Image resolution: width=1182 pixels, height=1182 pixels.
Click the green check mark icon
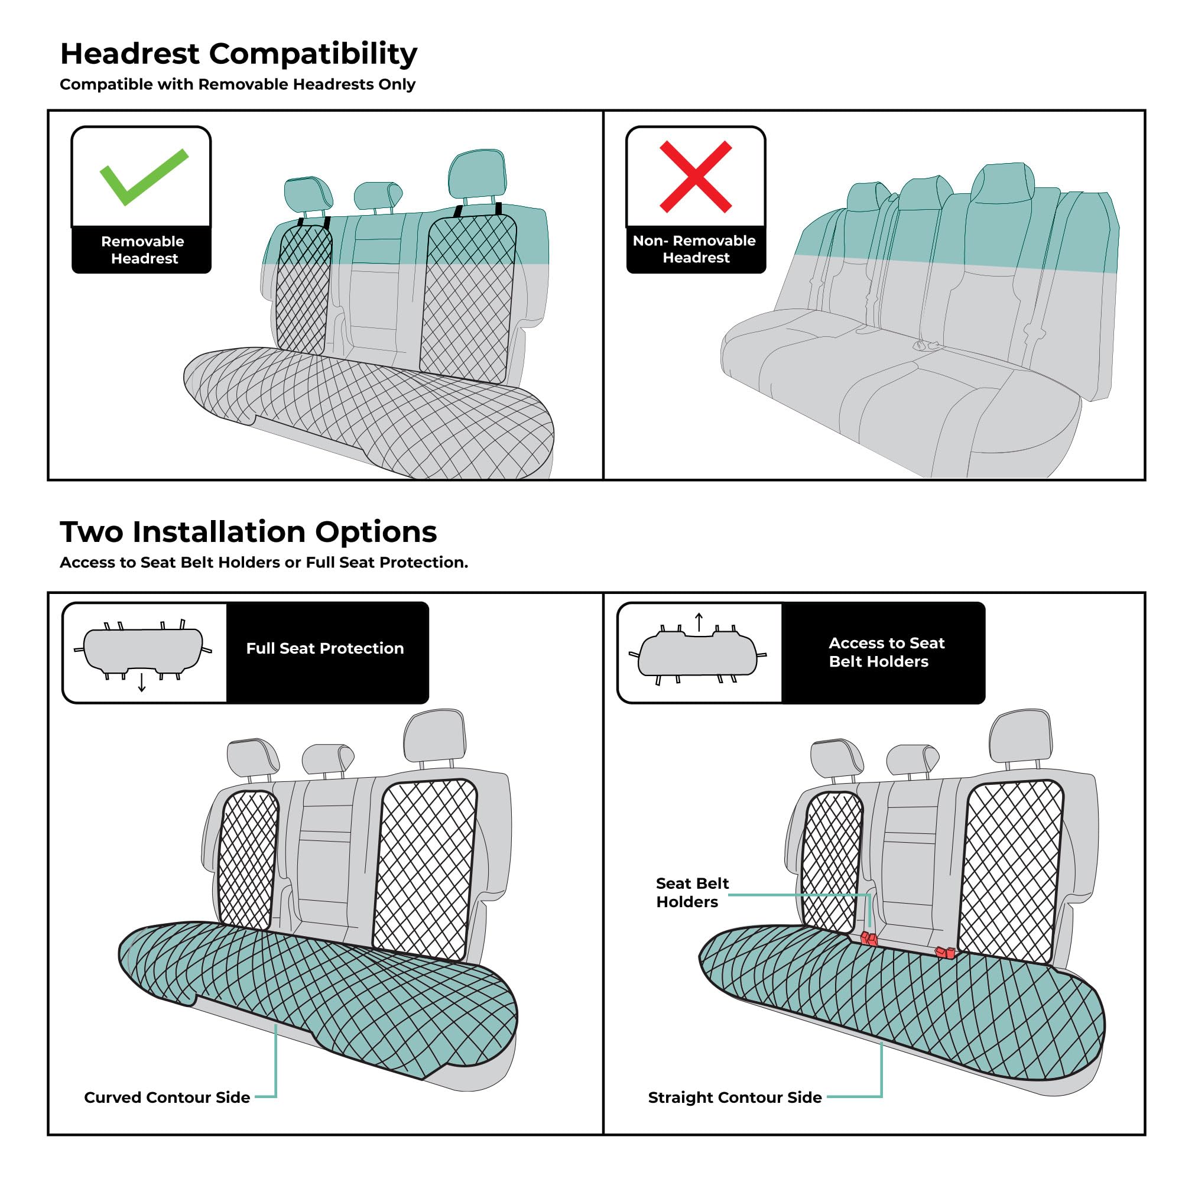[x=144, y=176]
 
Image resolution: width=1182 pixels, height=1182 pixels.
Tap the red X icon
[x=695, y=177]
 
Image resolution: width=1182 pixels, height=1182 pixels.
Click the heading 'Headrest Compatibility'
[x=239, y=54]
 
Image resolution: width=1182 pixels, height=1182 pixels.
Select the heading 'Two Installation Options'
[x=248, y=532]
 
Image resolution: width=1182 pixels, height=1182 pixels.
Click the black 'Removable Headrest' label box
[x=142, y=249]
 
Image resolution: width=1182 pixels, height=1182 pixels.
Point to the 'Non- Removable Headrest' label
[x=695, y=249]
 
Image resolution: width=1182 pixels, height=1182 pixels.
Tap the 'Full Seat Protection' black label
[x=326, y=648]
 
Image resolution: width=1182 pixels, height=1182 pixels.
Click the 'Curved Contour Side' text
[x=167, y=1097]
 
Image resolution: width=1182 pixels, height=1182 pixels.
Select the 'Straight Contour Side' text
[x=734, y=1097]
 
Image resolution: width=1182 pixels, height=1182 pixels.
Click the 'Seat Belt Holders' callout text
[x=691, y=892]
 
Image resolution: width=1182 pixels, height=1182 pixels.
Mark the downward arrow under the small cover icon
[x=142, y=683]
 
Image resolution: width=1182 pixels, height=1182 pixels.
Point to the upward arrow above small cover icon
[x=699, y=622]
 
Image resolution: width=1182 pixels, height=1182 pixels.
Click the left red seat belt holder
[x=869, y=939]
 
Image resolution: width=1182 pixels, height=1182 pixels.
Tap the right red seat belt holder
[x=945, y=953]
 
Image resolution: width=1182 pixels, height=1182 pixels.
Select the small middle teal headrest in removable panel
[x=377, y=196]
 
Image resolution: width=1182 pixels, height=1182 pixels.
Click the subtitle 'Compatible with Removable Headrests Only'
[x=238, y=85]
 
